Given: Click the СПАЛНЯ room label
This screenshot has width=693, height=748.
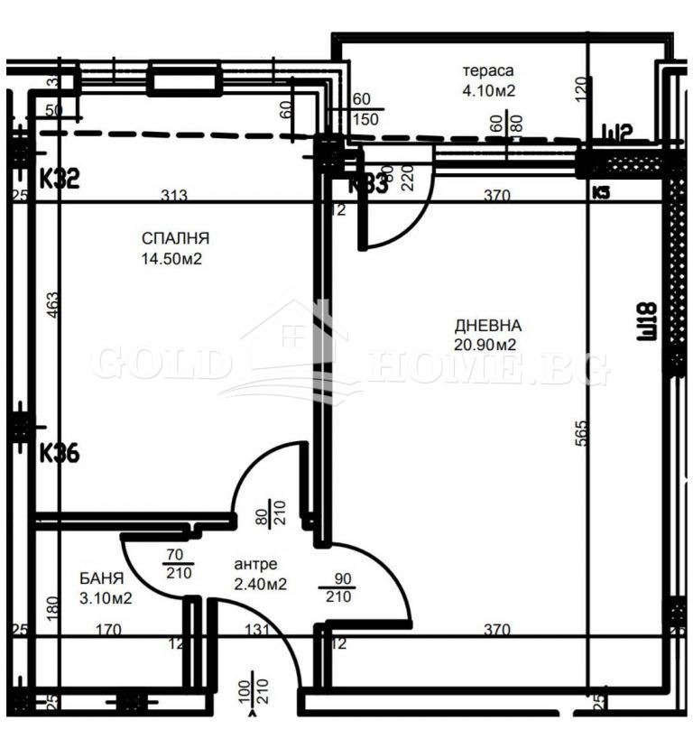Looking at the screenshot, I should (x=175, y=239).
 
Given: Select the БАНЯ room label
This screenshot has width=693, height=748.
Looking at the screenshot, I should (x=101, y=577).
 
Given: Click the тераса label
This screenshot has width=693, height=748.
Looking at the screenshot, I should (x=488, y=71).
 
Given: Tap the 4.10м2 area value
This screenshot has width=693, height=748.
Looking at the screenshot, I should (x=488, y=89).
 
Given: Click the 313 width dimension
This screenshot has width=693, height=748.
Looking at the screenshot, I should (x=175, y=195).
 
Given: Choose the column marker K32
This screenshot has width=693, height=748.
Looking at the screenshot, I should (x=60, y=179).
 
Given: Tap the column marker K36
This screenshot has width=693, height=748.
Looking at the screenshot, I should (x=60, y=453).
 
